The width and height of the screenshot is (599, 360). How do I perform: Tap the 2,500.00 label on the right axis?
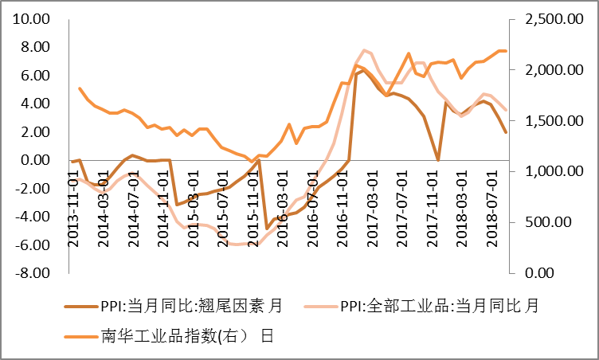point(548,19)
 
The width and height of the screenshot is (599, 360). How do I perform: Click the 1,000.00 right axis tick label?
point(548,171)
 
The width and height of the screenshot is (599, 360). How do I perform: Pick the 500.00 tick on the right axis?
point(556,222)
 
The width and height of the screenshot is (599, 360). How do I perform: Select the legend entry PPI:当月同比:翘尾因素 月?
point(191,306)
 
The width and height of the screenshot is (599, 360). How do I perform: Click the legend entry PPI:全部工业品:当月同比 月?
point(439,306)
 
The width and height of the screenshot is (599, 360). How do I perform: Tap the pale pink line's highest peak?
point(364,50)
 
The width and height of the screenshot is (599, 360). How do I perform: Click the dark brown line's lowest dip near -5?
point(267,228)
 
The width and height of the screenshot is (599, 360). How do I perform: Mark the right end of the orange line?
point(506,51)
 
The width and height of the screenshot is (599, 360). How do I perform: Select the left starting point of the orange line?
point(80,88)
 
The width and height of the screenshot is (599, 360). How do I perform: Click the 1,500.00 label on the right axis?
point(548,120)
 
